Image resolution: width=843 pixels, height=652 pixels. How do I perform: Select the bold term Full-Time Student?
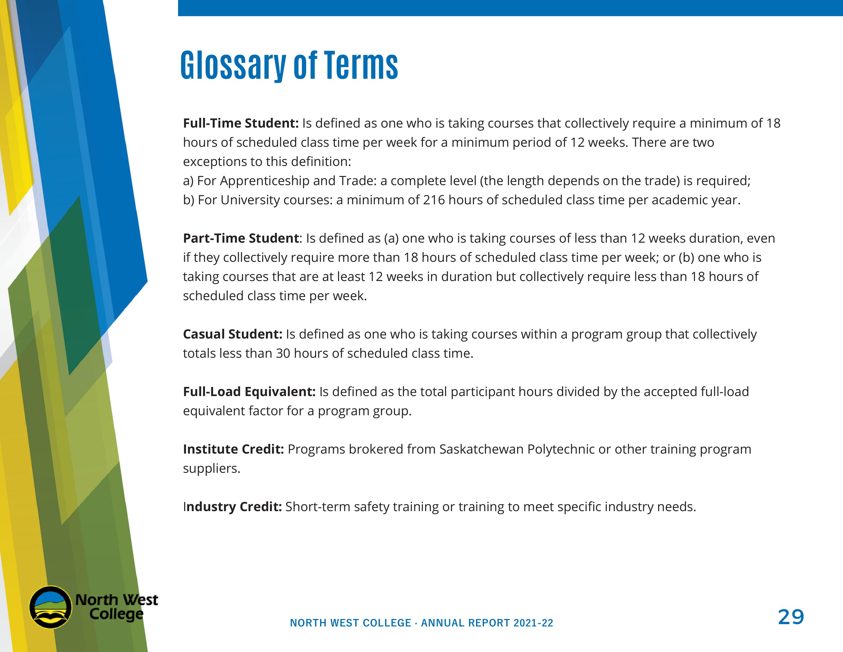[240, 123]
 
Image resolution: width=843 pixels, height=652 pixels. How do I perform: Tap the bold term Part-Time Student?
[240, 238]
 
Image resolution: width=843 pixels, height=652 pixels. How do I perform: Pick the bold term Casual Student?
[232, 334]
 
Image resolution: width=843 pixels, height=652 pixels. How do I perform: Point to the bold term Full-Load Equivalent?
[249, 392]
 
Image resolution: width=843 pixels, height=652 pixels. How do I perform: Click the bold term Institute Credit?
[233, 449]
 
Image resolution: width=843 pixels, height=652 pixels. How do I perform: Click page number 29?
[791, 617]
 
